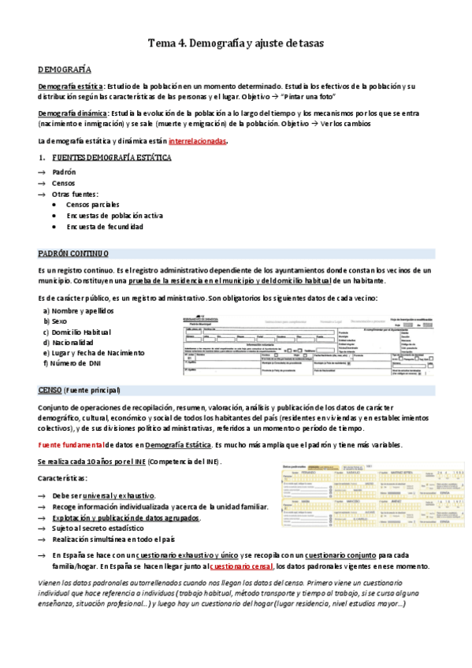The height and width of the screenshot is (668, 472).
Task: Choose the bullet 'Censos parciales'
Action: (92, 204)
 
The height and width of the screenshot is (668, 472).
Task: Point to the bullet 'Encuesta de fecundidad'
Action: (104, 226)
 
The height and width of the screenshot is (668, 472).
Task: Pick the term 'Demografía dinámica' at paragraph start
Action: (72, 113)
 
